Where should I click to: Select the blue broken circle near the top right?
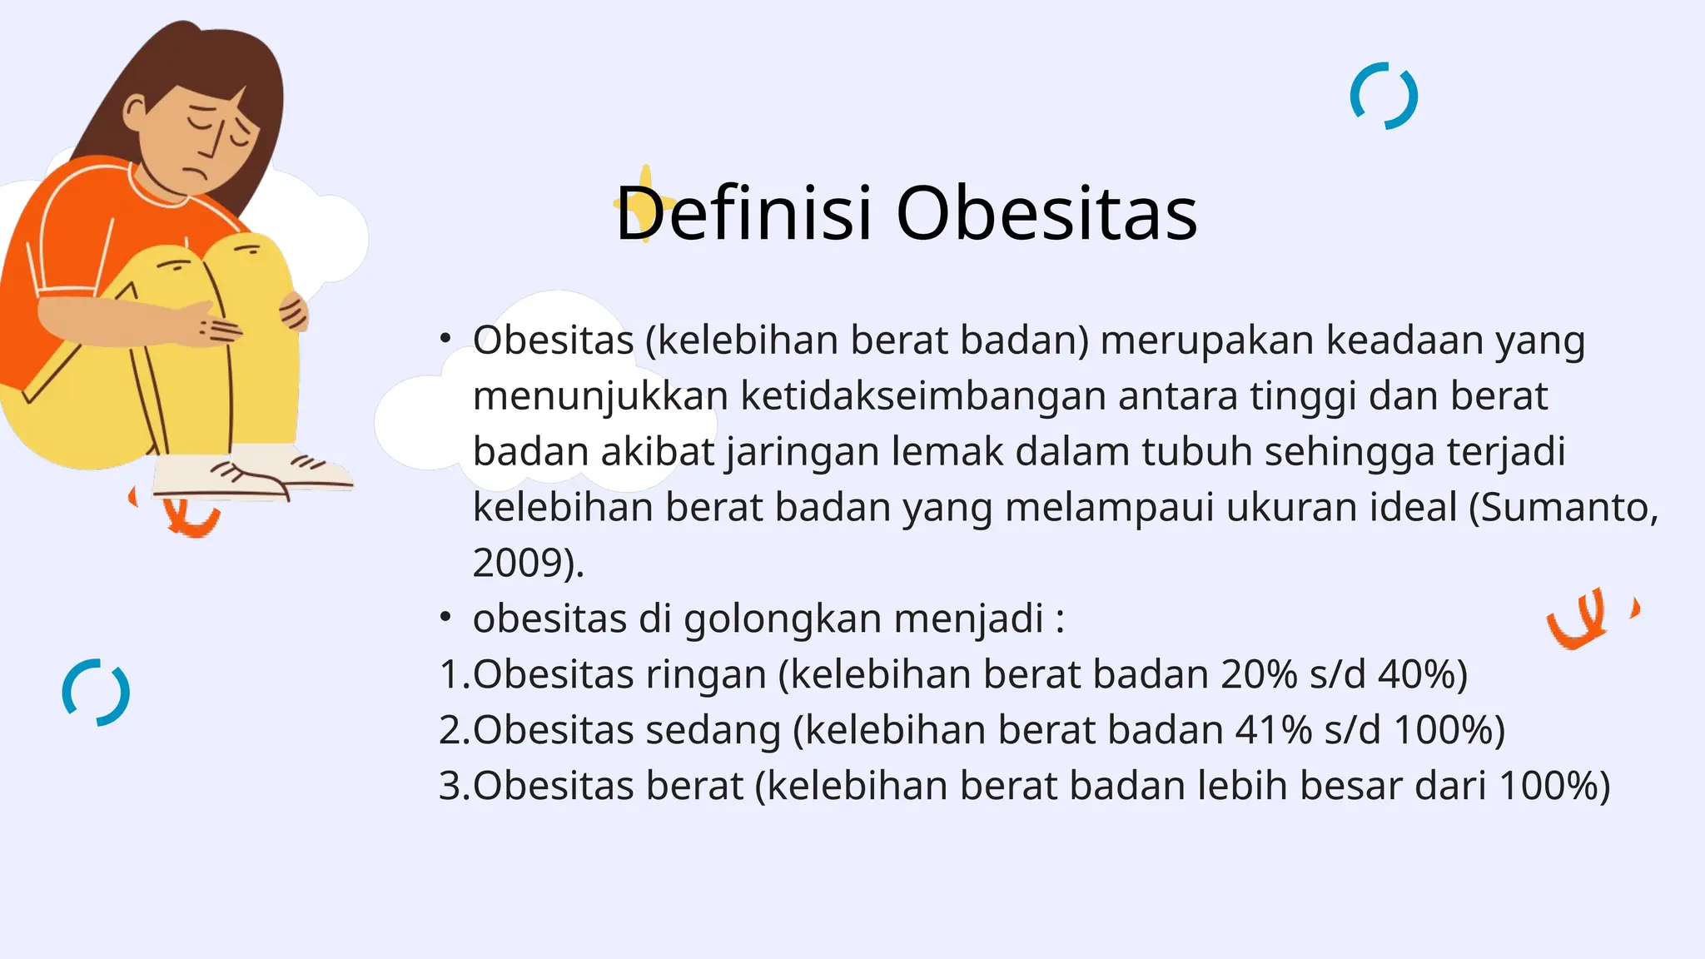1384,96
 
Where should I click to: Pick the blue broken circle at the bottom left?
96,693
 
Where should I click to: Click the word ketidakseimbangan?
923,395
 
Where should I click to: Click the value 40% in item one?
1415,673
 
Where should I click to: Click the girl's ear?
134,112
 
